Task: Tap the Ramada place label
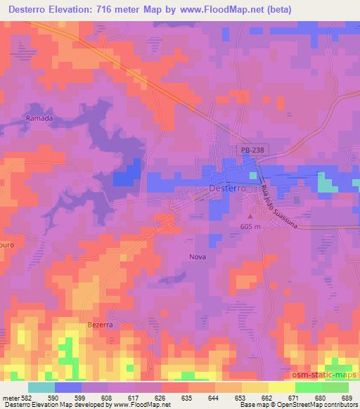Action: click(39, 118)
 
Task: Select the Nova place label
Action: click(198, 257)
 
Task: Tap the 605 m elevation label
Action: click(250, 227)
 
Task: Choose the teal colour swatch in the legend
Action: click(41, 387)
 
